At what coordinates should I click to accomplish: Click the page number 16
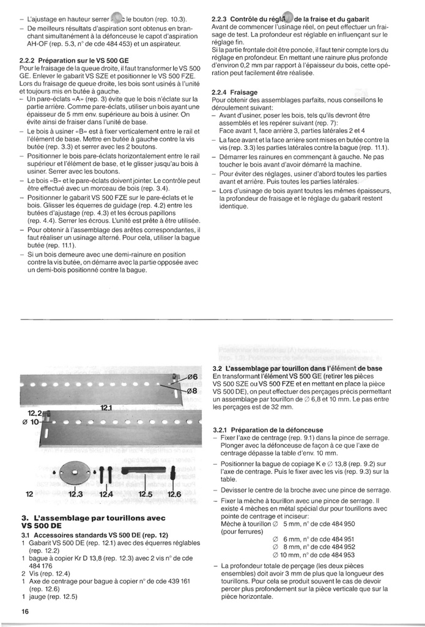click(24, 611)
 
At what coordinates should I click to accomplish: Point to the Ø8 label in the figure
click(190, 391)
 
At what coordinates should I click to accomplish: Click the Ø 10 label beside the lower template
click(31, 423)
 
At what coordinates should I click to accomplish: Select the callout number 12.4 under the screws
click(107, 494)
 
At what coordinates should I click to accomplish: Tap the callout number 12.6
click(174, 494)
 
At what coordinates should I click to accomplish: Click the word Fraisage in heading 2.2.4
click(245, 92)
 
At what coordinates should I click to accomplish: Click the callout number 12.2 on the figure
click(33, 414)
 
